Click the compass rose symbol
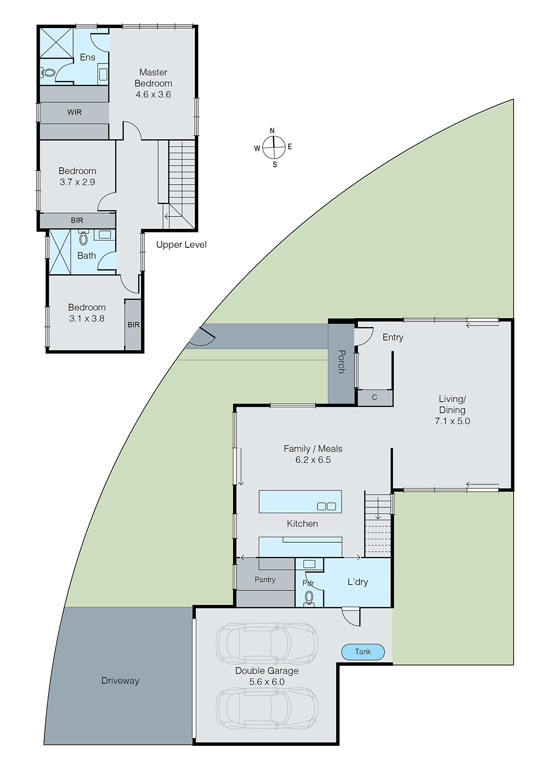[274, 147]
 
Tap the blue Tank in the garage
[363, 652]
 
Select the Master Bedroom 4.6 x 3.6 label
[153, 83]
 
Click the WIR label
[74, 113]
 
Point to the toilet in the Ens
[48, 73]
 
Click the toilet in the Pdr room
[309, 598]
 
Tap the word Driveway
[120, 681]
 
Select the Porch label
[341, 362]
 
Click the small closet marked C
[375, 398]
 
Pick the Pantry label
[265, 580]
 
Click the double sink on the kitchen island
[326, 506]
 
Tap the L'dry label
[358, 582]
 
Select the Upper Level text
[181, 245]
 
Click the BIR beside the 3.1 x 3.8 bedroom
[133, 325]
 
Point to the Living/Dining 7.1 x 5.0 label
[452, 410]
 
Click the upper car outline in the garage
[267, 644]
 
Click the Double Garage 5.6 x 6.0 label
[267, 676]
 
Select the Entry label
[392, 338]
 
